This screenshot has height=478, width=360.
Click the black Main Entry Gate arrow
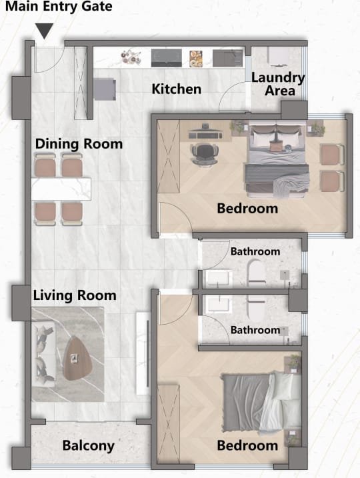click(45, 31)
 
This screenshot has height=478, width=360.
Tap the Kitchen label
click(177, 89)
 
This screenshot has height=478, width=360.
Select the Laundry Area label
click(278, 84)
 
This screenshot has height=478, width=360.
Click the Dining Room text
click(79, 143)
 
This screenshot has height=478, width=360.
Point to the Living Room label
click(75, 295)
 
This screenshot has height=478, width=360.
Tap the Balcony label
click(89, 445)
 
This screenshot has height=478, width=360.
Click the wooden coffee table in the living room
click(77, 358)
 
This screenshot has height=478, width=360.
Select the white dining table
click(61, 189)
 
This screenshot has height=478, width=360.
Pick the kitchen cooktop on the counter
click(167, 58)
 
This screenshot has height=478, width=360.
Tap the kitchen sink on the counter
click(227, 58)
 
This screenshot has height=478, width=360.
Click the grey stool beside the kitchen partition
click(105, 89)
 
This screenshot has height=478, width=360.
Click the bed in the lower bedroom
click(262, 402)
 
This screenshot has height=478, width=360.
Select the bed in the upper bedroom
click(277, 159)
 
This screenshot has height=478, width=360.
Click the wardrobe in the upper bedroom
click(168, 157)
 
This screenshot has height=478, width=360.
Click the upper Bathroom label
click(255, 251)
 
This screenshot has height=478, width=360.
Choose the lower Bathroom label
click(255, 330)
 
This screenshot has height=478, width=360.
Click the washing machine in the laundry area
click(278, 57)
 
